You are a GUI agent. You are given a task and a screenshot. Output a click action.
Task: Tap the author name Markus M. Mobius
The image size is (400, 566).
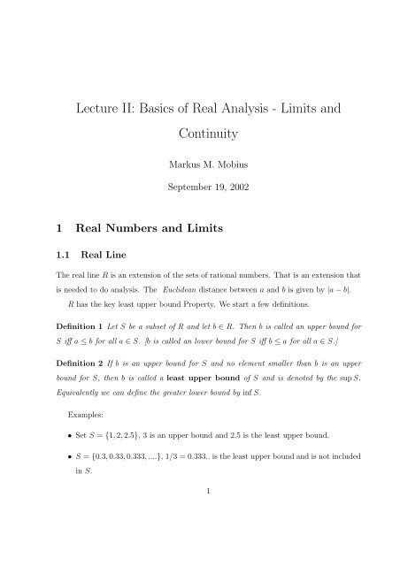tap(200, 164)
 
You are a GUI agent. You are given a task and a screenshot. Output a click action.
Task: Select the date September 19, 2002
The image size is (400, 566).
tap(200, 189)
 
